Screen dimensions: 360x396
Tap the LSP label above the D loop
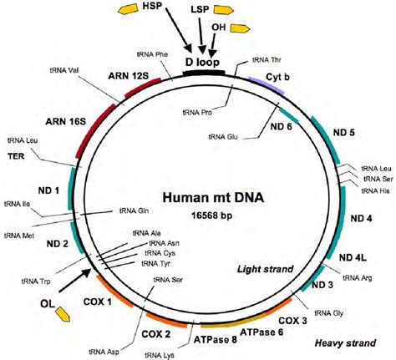click(200, 9)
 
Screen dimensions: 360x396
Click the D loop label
click(201, 61)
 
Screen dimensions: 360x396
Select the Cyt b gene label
click(277, 77)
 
